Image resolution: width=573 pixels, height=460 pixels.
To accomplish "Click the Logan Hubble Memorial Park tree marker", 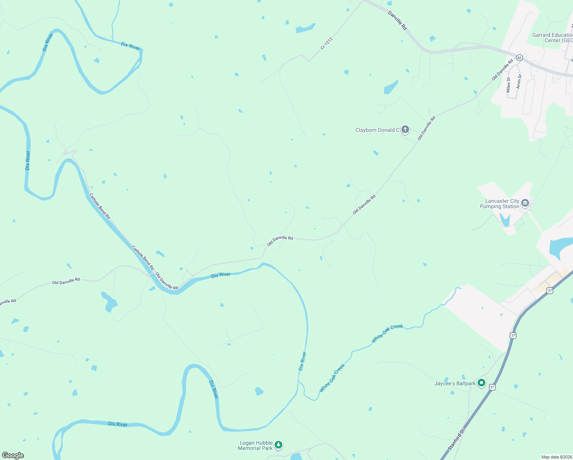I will tap(279, 445).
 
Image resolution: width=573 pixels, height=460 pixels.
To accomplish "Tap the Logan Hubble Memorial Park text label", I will tap(255, 445).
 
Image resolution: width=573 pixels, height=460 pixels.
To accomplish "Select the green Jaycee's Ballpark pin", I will tap(481, 383).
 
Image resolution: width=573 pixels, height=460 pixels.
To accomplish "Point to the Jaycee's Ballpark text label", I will tap(455, 383).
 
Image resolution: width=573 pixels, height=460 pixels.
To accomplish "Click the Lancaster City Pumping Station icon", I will tap(525, 203).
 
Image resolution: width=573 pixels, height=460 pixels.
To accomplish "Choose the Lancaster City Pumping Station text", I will tap(499, 204).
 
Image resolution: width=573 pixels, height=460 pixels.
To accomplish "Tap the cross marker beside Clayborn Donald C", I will tap(405, 130).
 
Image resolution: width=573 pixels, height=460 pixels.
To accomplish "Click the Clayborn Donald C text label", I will tap(377, 130).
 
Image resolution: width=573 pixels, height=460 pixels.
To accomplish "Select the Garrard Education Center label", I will tap(552, 38).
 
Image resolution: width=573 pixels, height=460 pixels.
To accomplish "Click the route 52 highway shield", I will tap(519, 58).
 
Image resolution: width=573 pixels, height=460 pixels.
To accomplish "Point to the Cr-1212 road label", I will tap(327, 43).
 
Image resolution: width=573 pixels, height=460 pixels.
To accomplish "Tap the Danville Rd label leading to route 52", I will tap(397, 20).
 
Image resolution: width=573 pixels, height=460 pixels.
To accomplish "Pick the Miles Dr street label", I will tap(508, 85).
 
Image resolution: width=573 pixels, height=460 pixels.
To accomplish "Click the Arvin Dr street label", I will tap(519, 81).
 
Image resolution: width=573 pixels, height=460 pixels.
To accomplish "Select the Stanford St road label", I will tap(456, 440).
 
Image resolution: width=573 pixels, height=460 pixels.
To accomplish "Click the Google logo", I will tap(13, 455).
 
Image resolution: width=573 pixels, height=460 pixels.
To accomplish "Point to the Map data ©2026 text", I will tap(556, 457).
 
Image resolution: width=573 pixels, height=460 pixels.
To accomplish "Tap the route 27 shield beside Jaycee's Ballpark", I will tap(492, 387).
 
